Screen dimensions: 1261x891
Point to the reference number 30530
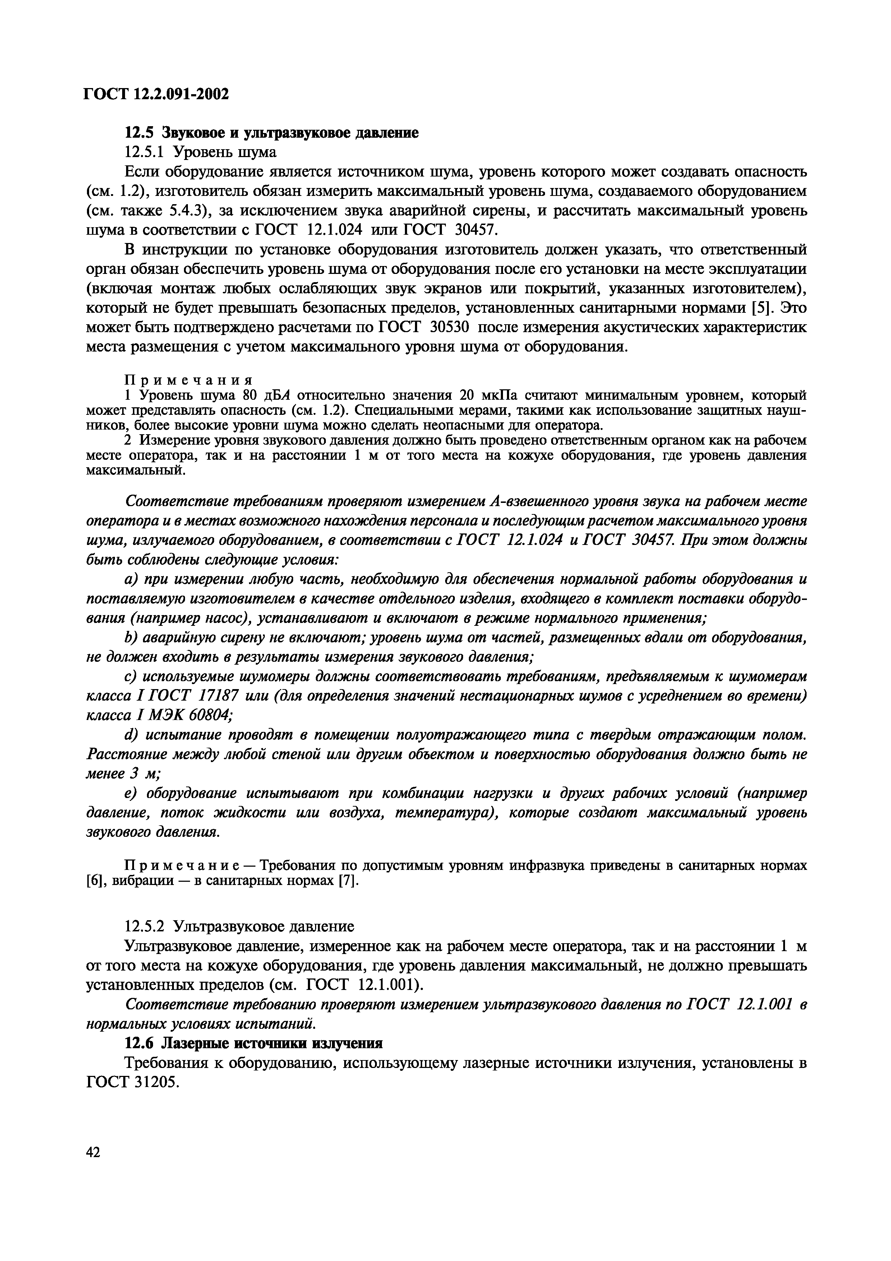(x=449, y=327)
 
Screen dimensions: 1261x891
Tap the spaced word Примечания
(x=188, y=380)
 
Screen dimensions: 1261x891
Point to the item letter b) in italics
(x=131, y=638)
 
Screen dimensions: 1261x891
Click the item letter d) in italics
(x=131, y=735)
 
